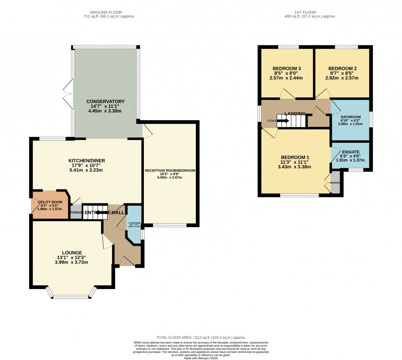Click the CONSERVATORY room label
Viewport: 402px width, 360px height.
coord(106,101)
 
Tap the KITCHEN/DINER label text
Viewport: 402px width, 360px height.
coord(87,160)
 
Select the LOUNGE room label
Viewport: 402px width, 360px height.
coord(72,252)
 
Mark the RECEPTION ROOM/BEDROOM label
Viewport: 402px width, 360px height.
coord(170,171)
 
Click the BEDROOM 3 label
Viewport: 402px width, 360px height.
coord(286,68)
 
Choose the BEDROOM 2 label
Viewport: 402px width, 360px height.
coord(342,68)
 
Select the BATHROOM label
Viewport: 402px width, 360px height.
coord(350,117)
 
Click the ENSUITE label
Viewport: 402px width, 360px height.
coord(350,151)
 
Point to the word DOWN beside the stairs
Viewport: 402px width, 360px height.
coord(272,121)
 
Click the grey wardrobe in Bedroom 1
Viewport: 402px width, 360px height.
coord(335,183)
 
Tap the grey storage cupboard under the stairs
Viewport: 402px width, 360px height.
coord(76,213)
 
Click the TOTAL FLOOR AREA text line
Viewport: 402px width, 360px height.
coord(201,338)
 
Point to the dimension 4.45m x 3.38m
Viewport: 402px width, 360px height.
coord(106,111)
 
